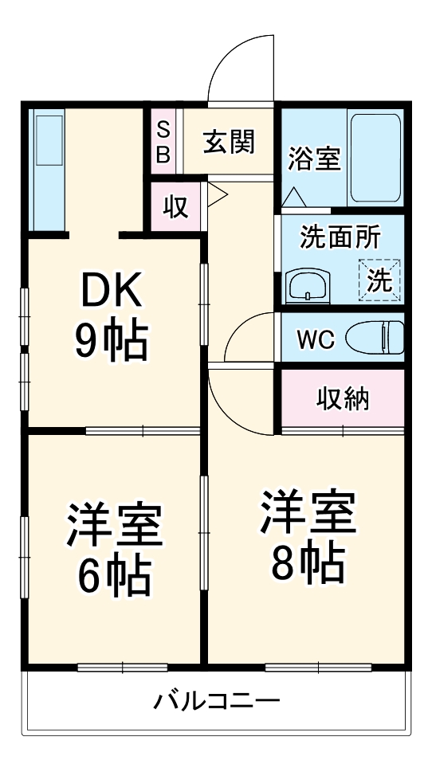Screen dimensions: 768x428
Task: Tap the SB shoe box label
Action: coord(163,141)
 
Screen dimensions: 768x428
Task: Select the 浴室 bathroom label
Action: coord(314,158)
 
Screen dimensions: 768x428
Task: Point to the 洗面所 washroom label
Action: coord(340,237)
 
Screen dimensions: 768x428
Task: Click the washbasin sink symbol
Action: coord(308,284)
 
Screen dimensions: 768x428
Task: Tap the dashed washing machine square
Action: coord(379,280)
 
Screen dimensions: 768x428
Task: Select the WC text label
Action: coord(316,338)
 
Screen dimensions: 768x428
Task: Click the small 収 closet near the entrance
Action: coord(176,206)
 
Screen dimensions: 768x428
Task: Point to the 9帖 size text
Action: coord(111,341)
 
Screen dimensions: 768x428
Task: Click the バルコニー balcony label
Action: coord(217,703)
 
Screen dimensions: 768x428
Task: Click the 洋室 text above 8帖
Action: coord(307,512)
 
